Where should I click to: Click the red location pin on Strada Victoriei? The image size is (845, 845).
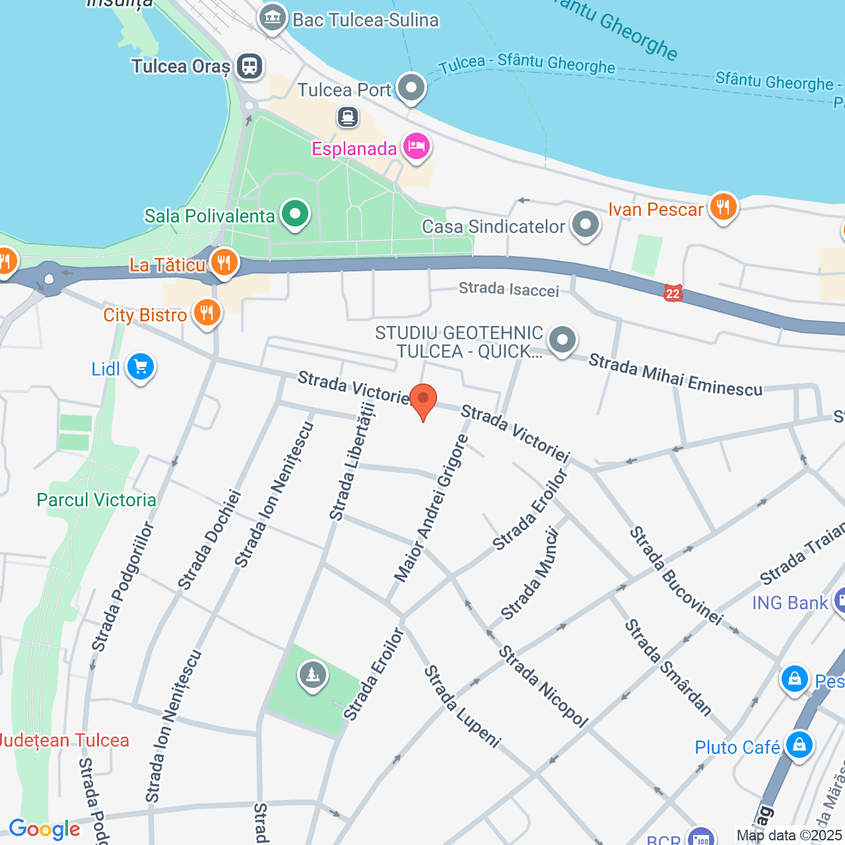coord(423,400)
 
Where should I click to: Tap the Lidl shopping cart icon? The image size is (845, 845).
coord(141,367)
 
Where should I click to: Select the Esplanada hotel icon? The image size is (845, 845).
coord(416,147)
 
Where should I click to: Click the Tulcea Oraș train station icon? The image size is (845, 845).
coord(250,66)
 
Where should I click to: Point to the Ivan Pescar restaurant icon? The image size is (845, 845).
coord(723,208)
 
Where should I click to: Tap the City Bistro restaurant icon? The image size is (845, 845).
coord(207,313)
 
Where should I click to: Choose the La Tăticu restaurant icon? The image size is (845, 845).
coord(224,263)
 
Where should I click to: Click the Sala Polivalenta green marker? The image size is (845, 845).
coord(295,214)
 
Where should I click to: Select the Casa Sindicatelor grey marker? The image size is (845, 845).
coord(585,224)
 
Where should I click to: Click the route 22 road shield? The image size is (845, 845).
coord(673,294)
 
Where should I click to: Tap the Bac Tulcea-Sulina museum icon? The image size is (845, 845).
coord(272,18)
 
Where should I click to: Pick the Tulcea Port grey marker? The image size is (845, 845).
coord(412,88)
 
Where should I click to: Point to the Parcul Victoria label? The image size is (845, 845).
coord(96,500)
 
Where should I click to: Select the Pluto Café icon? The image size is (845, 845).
coord(799,745)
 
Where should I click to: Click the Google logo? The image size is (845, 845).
coord(44,829)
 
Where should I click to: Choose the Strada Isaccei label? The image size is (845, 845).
coord(508,289)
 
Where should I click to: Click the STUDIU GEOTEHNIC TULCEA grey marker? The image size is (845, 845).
coord(562,340)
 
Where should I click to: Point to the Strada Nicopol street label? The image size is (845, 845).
coord(543,687)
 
